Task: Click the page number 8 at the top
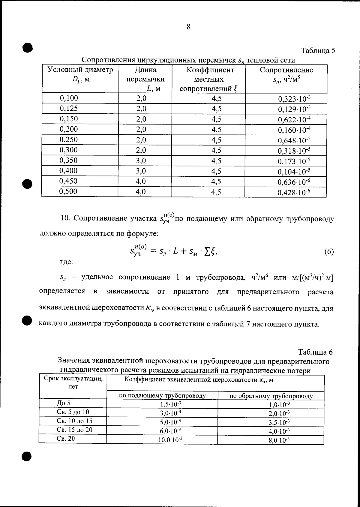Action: coord(188,27)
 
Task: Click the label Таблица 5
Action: coord(318,50)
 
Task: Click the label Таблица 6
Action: coord(315,352)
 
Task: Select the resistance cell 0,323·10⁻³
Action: coord(294,99)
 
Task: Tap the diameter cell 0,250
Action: coord(69,139)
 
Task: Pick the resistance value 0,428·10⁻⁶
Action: coord(294,192)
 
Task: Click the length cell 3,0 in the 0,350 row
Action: coord(141,160)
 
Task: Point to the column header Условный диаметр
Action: coord(80,70)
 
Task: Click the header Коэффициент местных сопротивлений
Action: coord(210,79)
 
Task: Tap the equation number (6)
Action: coord(329,251)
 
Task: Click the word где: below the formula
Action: coord(66,262)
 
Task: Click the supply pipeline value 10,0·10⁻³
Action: coord(170,440)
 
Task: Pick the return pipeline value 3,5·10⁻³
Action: coord(279,422)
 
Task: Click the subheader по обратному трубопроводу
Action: coord(271,396)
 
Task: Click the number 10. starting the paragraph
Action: coord(65,218)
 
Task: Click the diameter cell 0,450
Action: coord(69,181)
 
